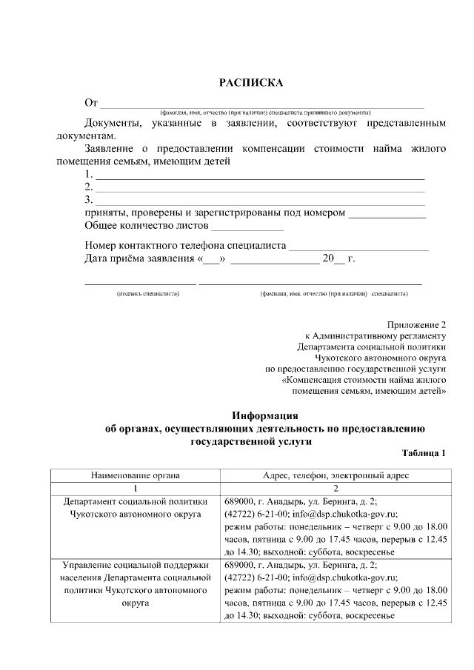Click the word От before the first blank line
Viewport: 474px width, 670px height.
click(x=91, y=101)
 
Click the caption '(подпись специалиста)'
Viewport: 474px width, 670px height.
click(x=147, y=294)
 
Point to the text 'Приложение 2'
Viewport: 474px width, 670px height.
click(x=417, y=325)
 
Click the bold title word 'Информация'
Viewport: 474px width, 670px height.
click(x=264, y=415)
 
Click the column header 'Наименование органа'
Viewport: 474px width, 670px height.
click(x=136, y=475)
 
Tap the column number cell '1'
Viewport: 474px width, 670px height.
click(x=136, y=488)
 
